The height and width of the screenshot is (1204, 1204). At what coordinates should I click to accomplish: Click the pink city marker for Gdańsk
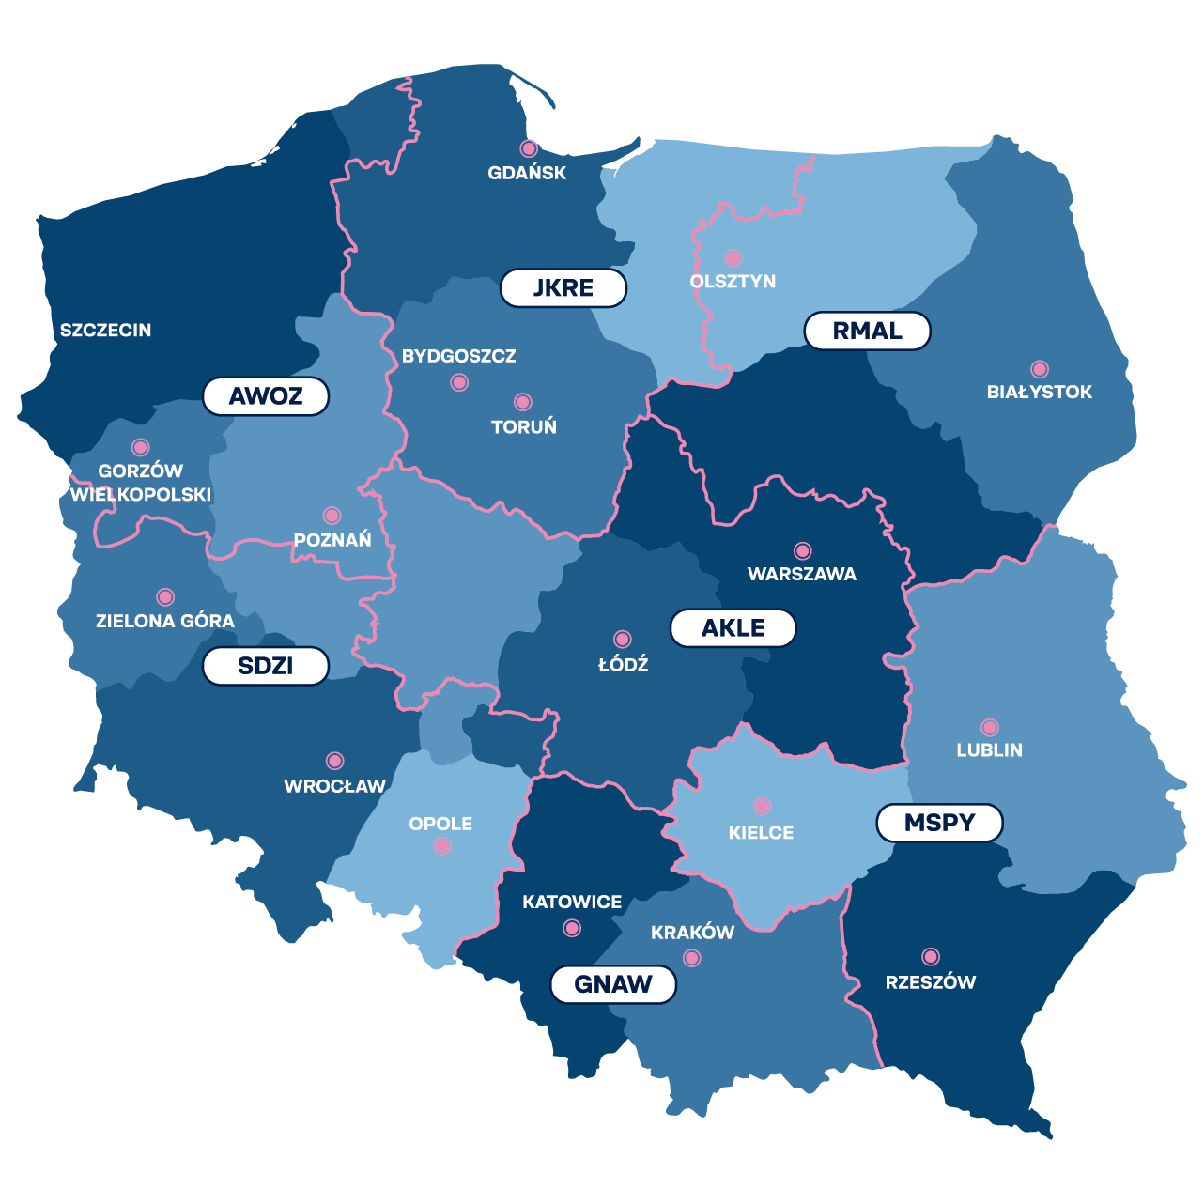[x=529, y=148]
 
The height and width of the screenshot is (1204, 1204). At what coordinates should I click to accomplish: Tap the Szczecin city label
[x=105, y=331]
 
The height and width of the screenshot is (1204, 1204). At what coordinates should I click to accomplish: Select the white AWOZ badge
[x=266, y=396]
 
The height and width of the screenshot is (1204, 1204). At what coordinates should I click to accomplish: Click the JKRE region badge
[x=563, y=288]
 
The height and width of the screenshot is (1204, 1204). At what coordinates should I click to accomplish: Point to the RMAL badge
[x=867, y=332]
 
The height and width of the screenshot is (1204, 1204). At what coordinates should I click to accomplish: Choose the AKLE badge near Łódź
[x=733, y=628]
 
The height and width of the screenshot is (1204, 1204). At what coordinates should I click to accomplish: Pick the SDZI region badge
[x=266, y=666]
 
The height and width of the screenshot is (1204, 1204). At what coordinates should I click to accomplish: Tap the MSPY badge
[x=939, y=824]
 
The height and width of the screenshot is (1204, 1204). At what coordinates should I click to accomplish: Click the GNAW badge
[x=613, y=984]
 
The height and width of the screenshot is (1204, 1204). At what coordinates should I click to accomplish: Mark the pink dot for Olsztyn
[x=733, y=257]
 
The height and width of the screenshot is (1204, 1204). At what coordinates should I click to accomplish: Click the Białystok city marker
[x=1039, y=369]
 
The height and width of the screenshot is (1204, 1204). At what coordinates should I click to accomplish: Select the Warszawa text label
[x=802, y=574]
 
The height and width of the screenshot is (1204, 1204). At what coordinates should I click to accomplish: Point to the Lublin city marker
[x=990, y=727]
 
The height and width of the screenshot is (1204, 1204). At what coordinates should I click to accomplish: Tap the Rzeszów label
[x=931, y=982]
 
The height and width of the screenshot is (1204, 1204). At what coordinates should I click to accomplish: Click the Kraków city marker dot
[x=692, y=958]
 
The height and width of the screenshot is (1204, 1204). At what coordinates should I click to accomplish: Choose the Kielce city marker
[x=762, y=806]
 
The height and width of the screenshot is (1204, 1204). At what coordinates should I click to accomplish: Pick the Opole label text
[x=440, y=824]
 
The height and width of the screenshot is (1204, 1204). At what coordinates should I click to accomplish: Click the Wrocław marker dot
[x=334, y=761]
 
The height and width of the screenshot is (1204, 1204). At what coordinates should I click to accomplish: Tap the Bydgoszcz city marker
[x=459, y=382]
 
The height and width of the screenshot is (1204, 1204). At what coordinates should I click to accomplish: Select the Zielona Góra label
[x=165, y=621]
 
